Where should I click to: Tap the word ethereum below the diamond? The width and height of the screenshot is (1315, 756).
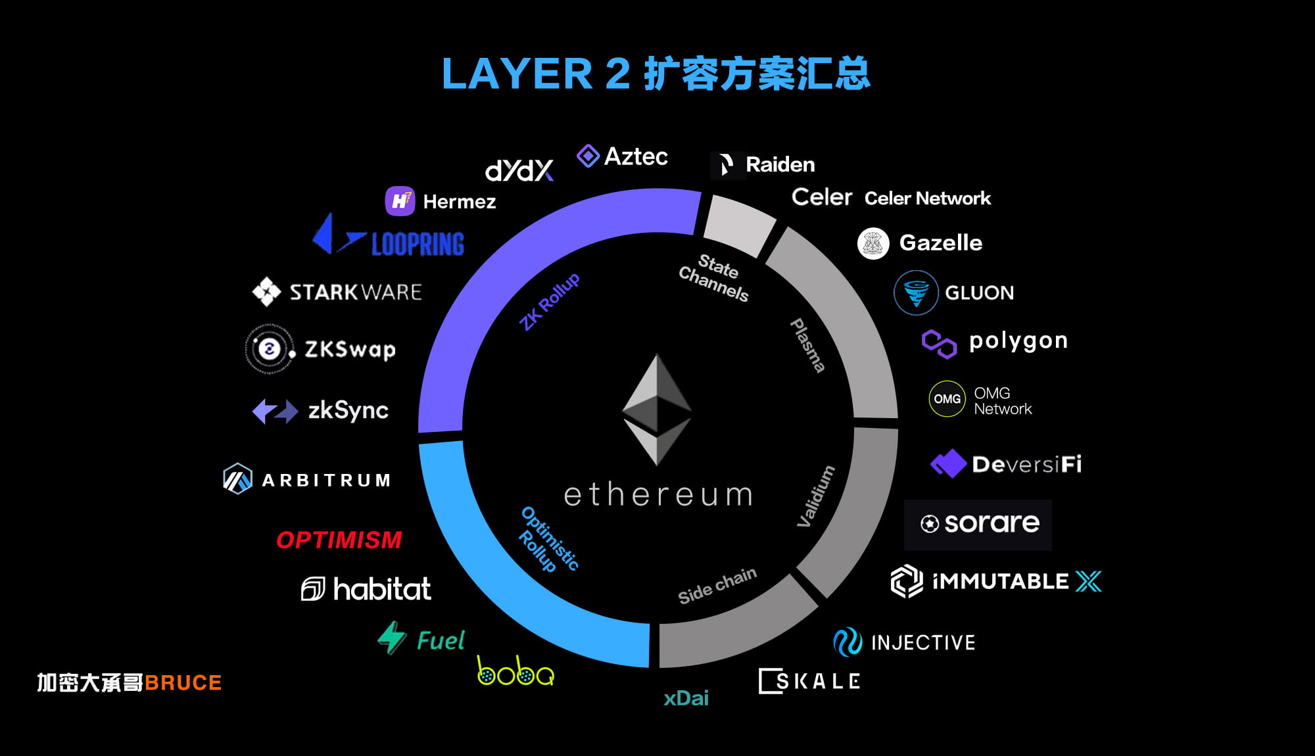(658, 494)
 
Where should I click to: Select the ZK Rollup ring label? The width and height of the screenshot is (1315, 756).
(550, 301)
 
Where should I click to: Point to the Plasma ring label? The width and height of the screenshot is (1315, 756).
(807, 345)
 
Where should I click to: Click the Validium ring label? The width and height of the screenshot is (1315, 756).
(815, 496)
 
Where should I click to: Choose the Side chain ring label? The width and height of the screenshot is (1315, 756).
(717, 585)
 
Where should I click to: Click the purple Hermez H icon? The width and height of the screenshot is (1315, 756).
(400, 201)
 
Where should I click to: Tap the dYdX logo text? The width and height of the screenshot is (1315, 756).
(519, 171)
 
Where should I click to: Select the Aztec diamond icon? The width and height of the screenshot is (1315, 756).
(588, 156)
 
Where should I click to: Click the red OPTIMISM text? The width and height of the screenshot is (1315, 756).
(339, 540)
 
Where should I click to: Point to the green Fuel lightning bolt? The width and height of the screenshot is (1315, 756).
(393, 637)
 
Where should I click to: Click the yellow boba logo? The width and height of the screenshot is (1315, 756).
(515, 671)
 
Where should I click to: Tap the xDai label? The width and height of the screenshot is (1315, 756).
(686, 698)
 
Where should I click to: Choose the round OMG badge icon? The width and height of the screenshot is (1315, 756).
(947, 399)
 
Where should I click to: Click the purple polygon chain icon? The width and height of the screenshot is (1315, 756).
(939, 344)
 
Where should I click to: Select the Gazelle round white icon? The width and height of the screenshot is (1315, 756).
(873, 243)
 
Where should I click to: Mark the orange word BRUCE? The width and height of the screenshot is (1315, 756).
(183, 683)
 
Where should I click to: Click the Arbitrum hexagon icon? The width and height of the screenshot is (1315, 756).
(237, 479)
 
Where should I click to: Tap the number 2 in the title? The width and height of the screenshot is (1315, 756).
(617, 73)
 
